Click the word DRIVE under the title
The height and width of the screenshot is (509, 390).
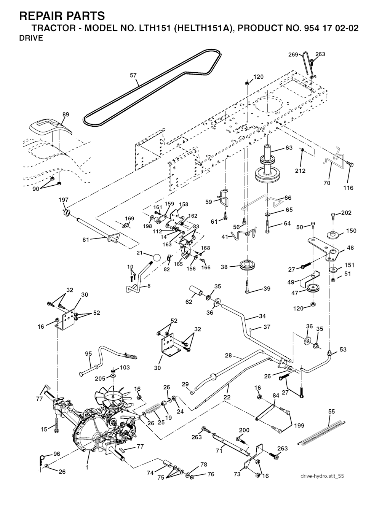click(x=31, y=38)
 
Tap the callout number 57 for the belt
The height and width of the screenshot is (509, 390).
click(x=133, y=75)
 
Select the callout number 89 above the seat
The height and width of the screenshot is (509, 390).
click(x=66, y=114)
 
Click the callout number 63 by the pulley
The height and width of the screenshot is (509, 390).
click(x=289, y=148)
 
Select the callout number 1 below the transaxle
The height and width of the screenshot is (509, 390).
click(x=88, y=467)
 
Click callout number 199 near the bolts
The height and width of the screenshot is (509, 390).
click(x=299, y=425)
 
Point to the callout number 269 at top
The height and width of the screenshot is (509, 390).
click(x=293, y=55)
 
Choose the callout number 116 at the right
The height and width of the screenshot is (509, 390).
click(x=348, y=188)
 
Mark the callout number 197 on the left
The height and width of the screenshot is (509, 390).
click(x=63, y=200)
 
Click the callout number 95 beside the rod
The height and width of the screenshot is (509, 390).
click(x=88, y=354)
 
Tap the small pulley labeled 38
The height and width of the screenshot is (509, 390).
click(x=248, y=265)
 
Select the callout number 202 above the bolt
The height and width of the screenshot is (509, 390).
click(x=346, y=213)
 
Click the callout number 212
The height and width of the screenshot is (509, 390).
click(x=300, y=171)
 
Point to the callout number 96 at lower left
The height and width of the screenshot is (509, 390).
click(x=57, y=454)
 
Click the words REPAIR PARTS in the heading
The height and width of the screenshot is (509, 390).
click(x=61, y=16)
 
